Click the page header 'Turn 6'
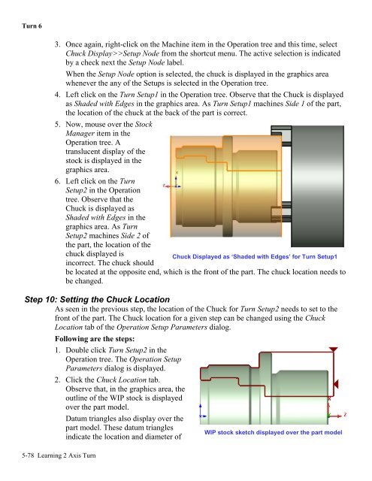click(32, 26)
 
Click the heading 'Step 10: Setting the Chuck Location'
click(97, 299)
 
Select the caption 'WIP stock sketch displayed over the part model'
click(273, 432)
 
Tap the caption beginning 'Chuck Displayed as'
click(255, 256)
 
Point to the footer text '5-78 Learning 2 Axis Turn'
click(59, 455)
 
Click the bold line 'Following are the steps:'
click(95, 339)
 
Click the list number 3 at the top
click(57, 44)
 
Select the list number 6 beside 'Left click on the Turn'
click(57, 181)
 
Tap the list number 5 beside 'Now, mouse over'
click(57, 124)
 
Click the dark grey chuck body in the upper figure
click(317, 186)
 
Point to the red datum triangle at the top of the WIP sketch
click(334, 349)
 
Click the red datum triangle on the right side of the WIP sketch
click(336, 384)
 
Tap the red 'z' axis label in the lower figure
click(345, 414)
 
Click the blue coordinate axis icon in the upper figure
click(176, 182)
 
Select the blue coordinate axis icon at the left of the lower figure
click(201, 412)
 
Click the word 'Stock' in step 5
click(144, 124)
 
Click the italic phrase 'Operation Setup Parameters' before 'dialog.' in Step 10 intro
click(162, 327)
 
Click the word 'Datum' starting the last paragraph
click(75, 419)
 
